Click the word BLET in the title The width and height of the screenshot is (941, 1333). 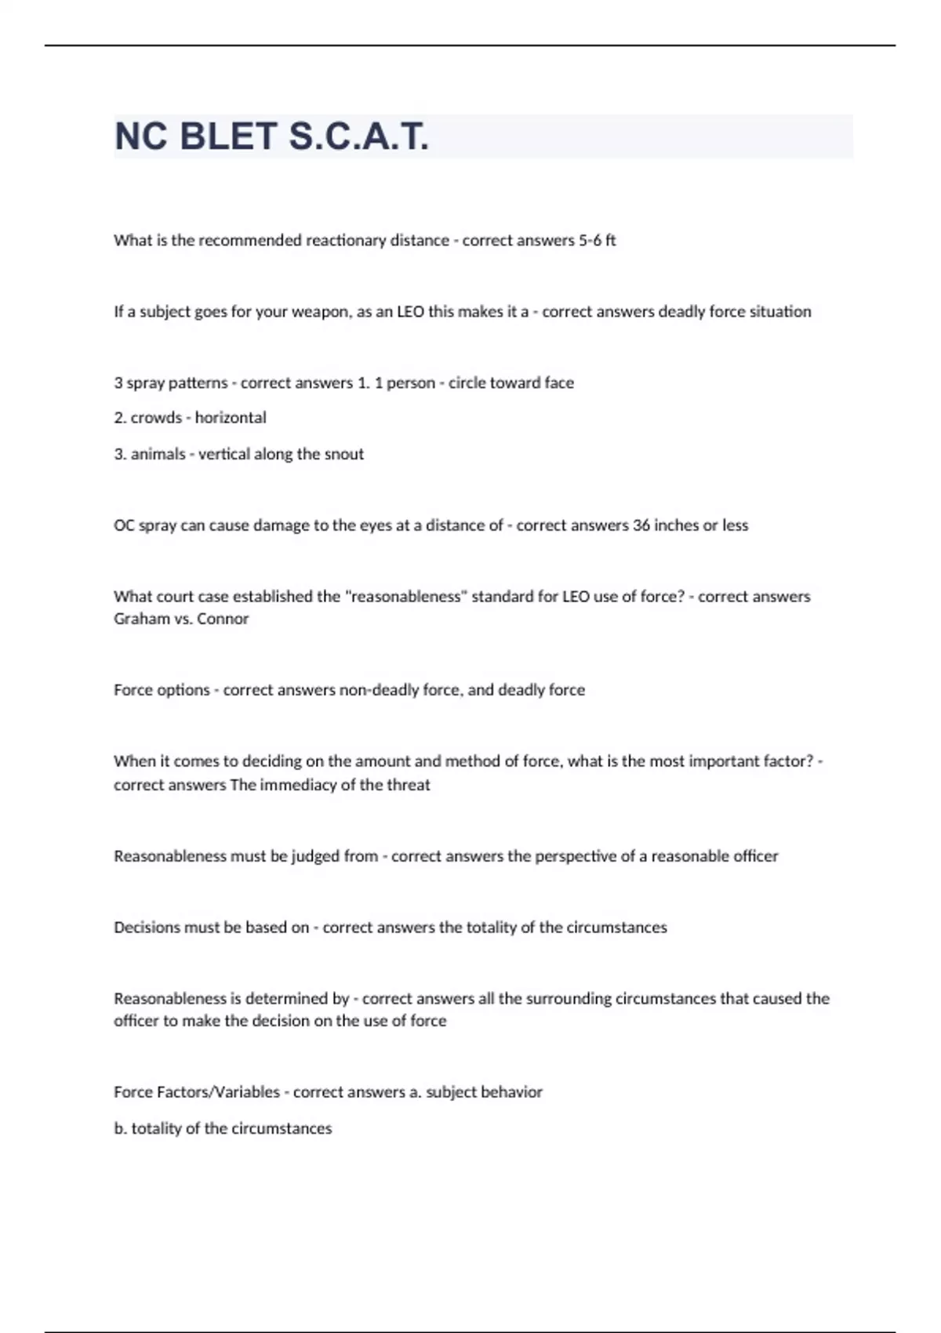[x=227, y=137]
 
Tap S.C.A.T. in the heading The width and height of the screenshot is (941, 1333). [x=358, y=137]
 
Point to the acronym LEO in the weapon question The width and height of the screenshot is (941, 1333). [x=410, y=312]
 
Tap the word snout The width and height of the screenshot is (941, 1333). [x=346, y=454]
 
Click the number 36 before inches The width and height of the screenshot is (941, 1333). [x=641, y=525]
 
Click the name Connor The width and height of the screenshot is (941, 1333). [x=223, y=619]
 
